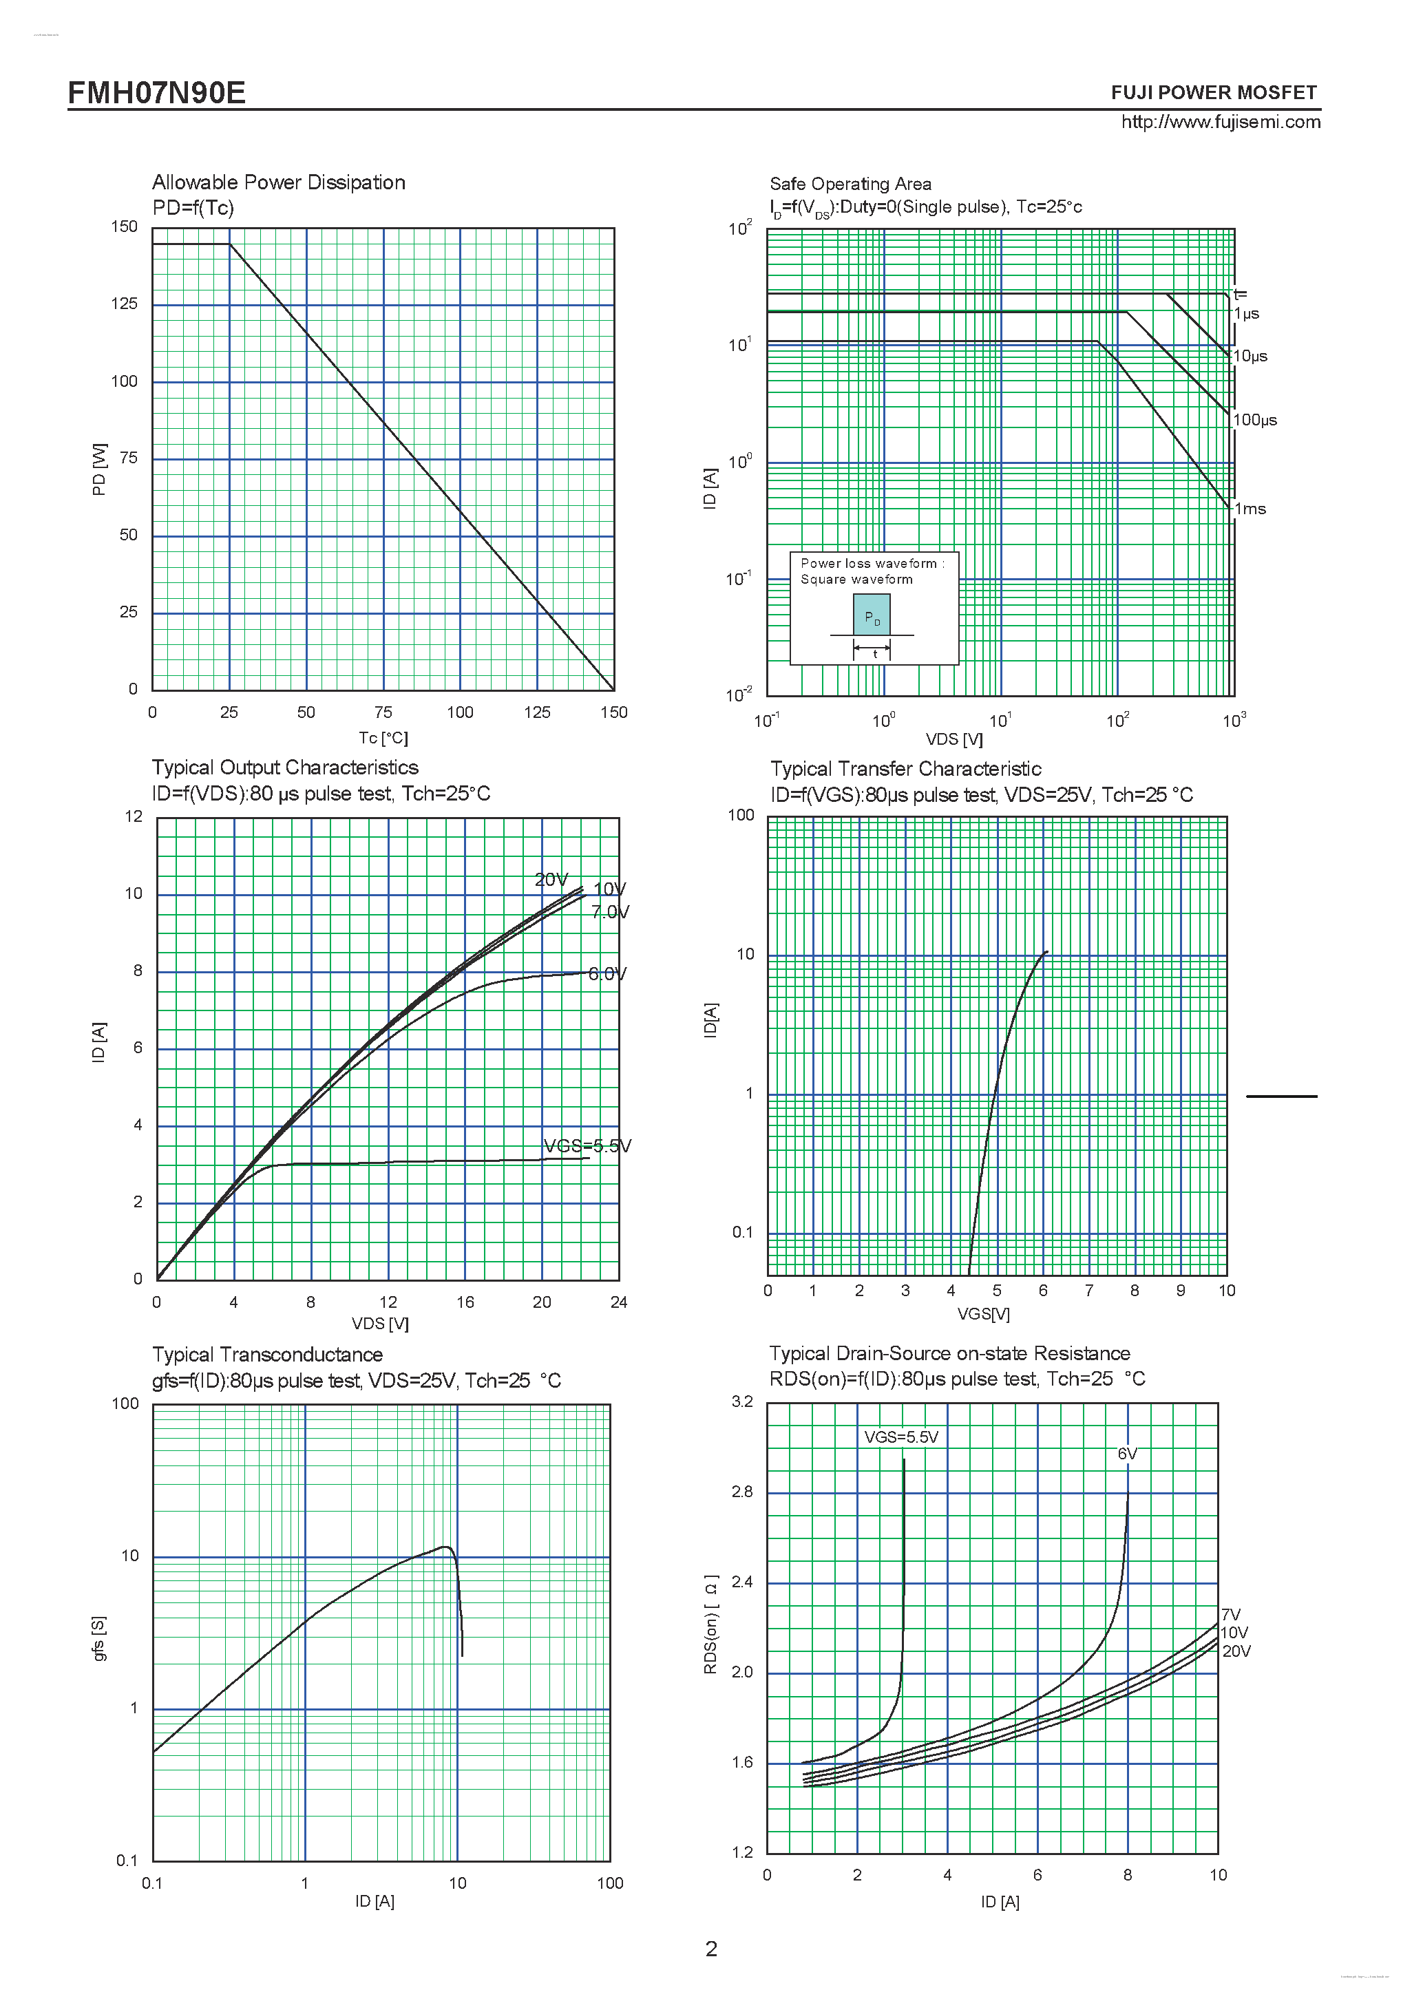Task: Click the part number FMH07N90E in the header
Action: pos(157,92)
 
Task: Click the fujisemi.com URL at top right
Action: pos(1220,122)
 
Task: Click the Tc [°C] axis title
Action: pos(383,738)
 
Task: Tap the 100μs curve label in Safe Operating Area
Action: pos(1255,421)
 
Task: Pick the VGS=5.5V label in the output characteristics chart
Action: pos(587,1146)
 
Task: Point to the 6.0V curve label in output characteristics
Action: pos(607,973)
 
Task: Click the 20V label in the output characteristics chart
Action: pos(551,880)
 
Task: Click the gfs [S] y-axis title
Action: pos(99,1639)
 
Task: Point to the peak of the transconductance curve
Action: pos(445,1547)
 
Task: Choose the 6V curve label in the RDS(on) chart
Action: pos(1127,1454)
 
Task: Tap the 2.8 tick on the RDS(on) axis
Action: pos(742,1492)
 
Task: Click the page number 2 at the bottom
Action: pos(712,1949)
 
